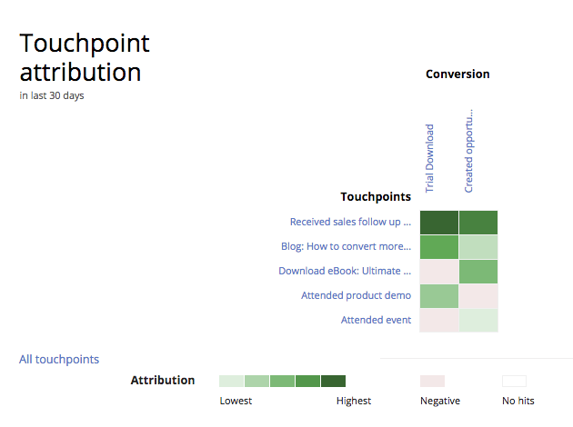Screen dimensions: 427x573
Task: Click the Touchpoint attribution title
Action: (85, 57)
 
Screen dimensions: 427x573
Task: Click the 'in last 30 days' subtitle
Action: (52, 95)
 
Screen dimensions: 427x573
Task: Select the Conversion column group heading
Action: (457, 74)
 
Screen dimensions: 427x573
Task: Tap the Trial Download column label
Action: (430, 158)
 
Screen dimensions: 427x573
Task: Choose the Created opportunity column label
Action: (469, 151)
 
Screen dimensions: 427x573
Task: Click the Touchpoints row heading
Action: (376, 196)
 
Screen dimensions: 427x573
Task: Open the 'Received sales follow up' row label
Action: (350, 222)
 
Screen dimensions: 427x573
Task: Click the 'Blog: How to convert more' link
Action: (346, 246)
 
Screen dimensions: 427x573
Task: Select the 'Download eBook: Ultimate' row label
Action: (345, 271)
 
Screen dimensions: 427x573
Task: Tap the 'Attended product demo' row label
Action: (356, 295)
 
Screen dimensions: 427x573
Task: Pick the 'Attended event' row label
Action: (376, 320)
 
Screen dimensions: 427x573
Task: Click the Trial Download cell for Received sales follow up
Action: (439, 222)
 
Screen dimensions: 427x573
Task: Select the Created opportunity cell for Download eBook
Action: (478, 271)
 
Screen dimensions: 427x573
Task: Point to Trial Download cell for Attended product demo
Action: (439, 295)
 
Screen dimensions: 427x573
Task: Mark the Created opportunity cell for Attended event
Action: (478, 320)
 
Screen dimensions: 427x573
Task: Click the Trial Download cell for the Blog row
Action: (439, 246)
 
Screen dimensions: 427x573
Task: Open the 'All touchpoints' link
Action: (59, 360)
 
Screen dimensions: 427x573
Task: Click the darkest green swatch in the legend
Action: (333, 382)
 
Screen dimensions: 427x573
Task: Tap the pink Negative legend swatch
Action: (432, 382)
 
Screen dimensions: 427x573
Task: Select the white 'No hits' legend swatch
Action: (514, 382)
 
